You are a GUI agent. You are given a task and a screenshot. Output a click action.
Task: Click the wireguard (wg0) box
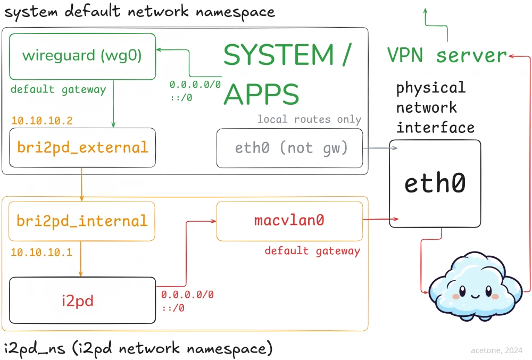pyautogui.click(x=82, y=56)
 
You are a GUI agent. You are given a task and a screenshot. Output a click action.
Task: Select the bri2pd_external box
pyautogui.click(x=82, y=147)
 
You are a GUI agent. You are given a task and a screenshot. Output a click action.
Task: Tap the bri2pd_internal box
pyautogui.click(x=82, y=221)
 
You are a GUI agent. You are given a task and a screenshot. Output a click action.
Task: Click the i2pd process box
pyautogui.click(x=82, y=300)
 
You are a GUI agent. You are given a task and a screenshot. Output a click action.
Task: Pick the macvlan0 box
pyautogui.click(x=289, y=221)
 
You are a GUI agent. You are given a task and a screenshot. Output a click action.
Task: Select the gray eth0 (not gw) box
pyautogui.click(x=289, y=148)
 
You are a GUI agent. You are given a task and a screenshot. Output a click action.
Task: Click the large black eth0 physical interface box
pyautogui.click(x=435, y=183)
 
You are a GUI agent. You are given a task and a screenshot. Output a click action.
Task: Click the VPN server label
pyautogui.click(x=447, y=55)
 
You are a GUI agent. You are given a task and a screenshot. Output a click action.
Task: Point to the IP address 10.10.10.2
pyautogui.click(x=41, y=121)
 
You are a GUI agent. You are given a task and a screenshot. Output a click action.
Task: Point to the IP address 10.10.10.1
pyautogui.click(x=41, y=252)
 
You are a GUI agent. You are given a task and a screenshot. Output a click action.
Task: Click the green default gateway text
pyautogui.click(x=58, y=89)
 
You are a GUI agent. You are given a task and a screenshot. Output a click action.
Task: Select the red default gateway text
pyautogui.click(x=312, y=251)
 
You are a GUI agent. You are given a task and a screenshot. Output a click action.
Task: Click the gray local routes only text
pyautogui.click(x=309, y=120)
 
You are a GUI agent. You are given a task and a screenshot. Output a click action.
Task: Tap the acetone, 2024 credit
pyautogui.click(x=497, y=350)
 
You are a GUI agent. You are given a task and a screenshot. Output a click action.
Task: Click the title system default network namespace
pyautogui.click(x=139, y=12)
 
